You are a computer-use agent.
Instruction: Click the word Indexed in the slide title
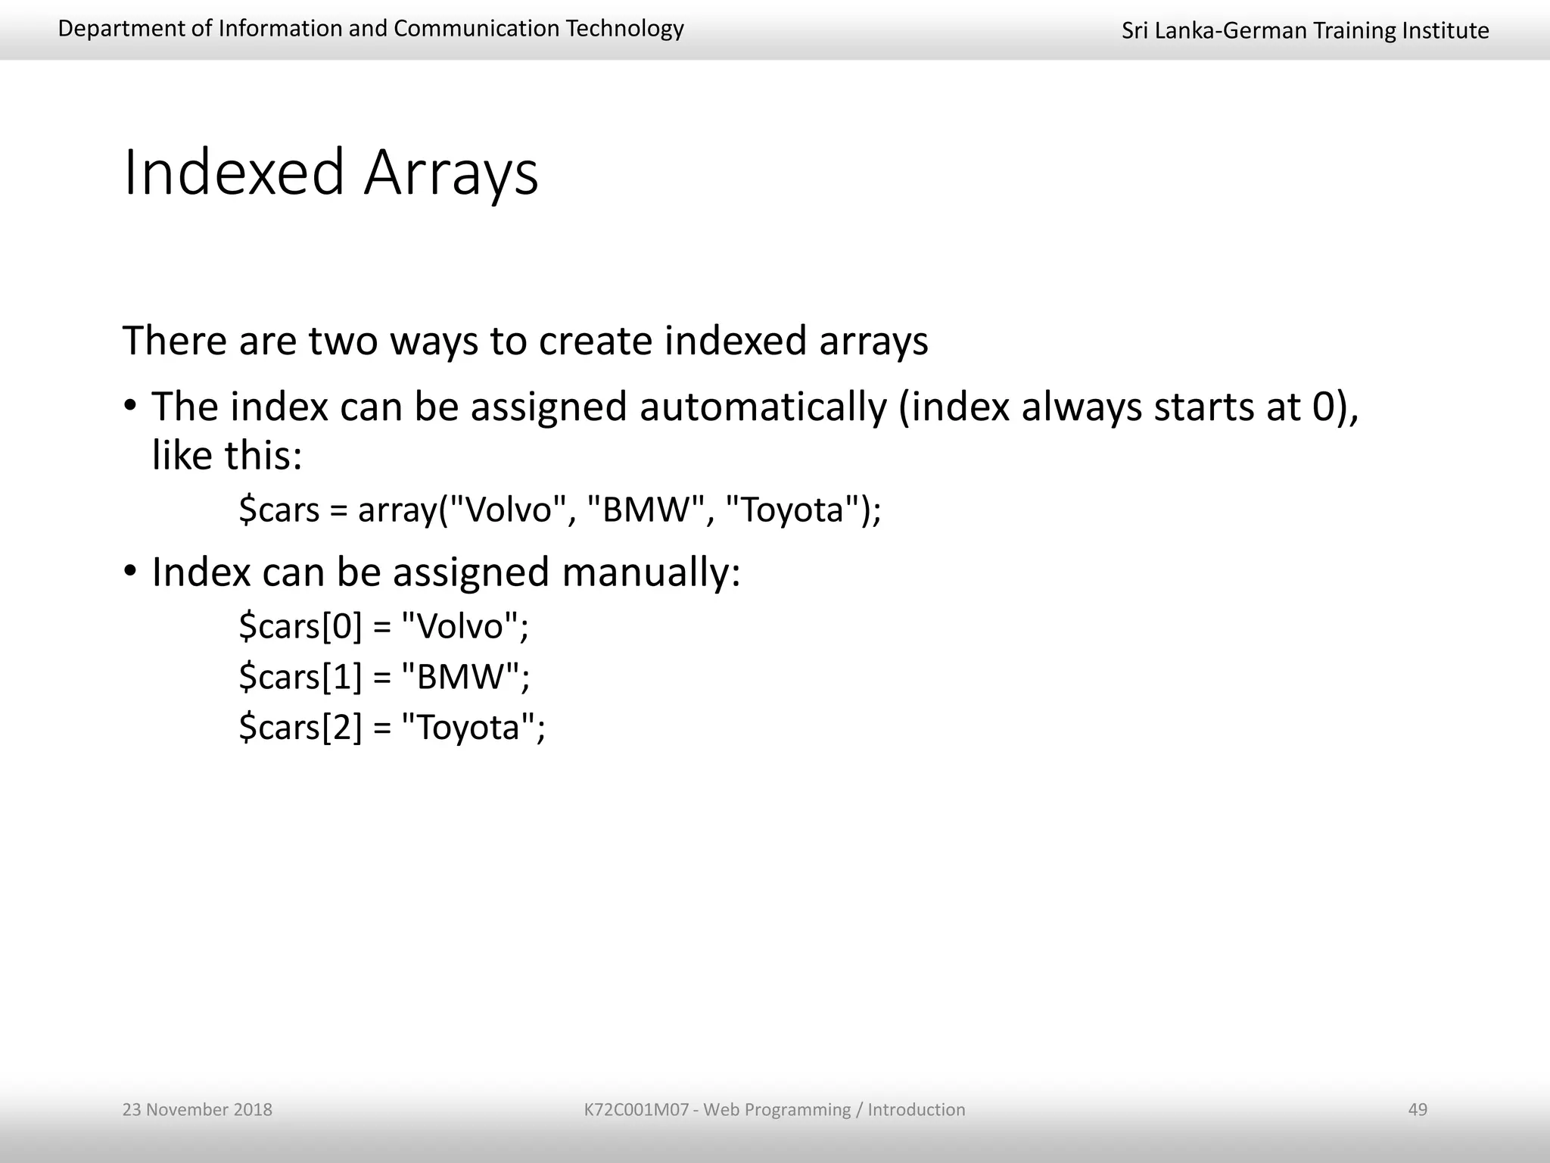point(234,173)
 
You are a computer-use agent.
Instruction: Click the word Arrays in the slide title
point(451,174)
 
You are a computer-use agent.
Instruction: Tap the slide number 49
point(1418,1109)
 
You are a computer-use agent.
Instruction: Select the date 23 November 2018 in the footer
point(198,1109)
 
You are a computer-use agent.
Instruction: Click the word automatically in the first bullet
point(763,407)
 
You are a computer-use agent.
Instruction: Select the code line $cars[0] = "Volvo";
point(384,626)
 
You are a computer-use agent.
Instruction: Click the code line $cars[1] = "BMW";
point(384,676)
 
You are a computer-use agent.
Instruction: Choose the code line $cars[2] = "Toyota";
point(392,727)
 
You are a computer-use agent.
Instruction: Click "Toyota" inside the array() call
point(792,509)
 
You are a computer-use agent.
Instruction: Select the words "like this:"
point(227,456)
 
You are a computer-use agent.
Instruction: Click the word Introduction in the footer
point(916,1109)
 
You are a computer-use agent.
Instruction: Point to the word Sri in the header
point(1134,30)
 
